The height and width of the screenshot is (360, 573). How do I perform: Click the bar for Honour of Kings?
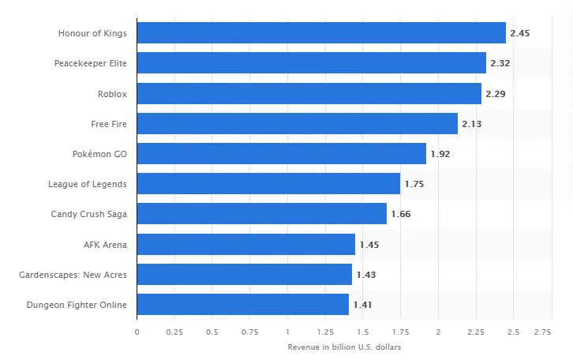(321, 33)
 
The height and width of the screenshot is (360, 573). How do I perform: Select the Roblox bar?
(309, 94)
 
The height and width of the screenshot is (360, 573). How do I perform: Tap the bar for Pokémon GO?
(281, 154)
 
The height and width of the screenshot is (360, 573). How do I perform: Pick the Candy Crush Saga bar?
(261, 214)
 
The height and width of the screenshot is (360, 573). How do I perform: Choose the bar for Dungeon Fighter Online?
(242, 305)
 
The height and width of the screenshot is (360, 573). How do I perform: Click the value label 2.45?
(520, 33)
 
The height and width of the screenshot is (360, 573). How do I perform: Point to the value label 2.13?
(472, 124)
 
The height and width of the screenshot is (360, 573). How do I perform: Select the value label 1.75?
(414, 184)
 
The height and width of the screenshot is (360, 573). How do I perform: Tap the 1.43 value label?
(366, 275)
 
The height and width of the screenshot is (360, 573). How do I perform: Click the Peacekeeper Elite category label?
(91, 63)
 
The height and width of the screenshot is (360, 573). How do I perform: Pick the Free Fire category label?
(109, 124)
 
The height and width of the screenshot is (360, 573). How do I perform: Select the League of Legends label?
(88, 184)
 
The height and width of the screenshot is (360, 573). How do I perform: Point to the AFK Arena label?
(105, 245)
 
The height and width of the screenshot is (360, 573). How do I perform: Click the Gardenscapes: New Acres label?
(73, 275)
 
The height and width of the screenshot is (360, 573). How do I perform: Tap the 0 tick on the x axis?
(137, 332)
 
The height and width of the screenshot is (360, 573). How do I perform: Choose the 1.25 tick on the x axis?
(324, 332)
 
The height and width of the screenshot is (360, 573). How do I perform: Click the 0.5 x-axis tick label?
(212, 332)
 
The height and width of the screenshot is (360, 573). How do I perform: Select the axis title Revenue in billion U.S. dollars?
(343, 347)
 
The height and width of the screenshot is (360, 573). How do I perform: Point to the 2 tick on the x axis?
(437, 332)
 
